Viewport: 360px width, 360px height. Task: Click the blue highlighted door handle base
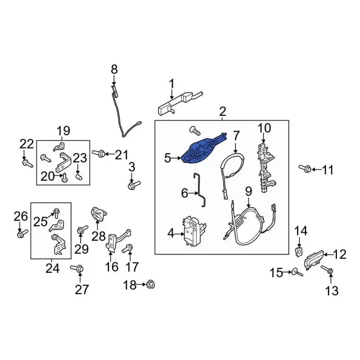[201, 150]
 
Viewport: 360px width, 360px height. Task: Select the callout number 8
[114, 69]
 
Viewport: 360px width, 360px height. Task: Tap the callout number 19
[62, 131]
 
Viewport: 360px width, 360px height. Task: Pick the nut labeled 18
[150, 285]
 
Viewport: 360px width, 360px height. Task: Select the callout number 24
[52, 268]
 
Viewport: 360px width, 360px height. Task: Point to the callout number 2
[222, 111]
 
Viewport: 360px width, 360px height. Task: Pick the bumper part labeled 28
[98, 216]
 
